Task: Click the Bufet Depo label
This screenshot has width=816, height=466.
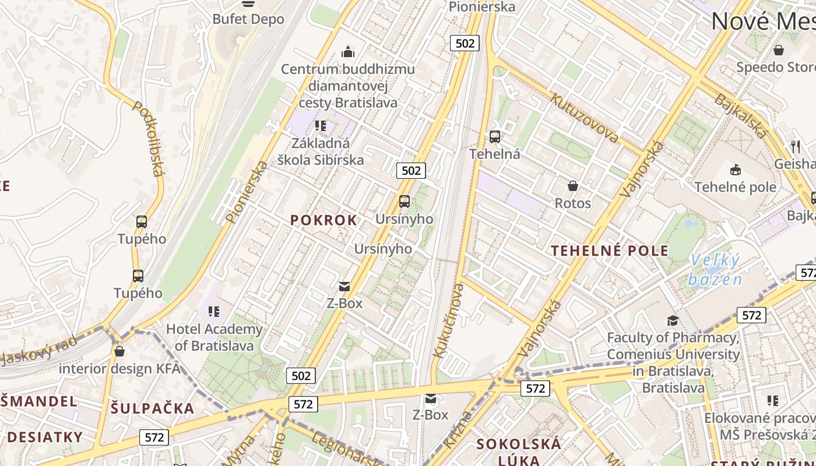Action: coord(248,19)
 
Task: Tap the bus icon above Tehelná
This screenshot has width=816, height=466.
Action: coord(495,137)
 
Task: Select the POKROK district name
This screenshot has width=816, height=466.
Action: coord(323,220)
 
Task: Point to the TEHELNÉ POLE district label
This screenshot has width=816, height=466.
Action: coord(610,251)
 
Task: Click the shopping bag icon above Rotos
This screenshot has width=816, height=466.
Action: coord(573,186)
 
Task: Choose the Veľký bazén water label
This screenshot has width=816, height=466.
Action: coord(715,270)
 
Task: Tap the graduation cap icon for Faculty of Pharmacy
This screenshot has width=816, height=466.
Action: coord(673,320)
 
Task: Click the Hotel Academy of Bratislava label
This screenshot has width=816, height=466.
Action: coord(214,337)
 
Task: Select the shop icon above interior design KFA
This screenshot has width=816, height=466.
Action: coord(119,351)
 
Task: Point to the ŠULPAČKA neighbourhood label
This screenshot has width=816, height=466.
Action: coord(153,408)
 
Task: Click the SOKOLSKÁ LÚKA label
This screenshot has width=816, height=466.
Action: coord(519,451)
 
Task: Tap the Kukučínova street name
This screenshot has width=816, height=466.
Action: coord(449,320)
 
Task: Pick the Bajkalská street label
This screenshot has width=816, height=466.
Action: coord(741,116)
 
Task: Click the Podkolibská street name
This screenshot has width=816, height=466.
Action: coord(148,138)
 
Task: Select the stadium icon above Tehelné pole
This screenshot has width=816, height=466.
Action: coord(735,170)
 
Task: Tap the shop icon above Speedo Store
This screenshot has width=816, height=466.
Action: coord(779,50)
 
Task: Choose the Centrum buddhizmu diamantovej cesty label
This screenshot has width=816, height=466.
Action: coord(348,86)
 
